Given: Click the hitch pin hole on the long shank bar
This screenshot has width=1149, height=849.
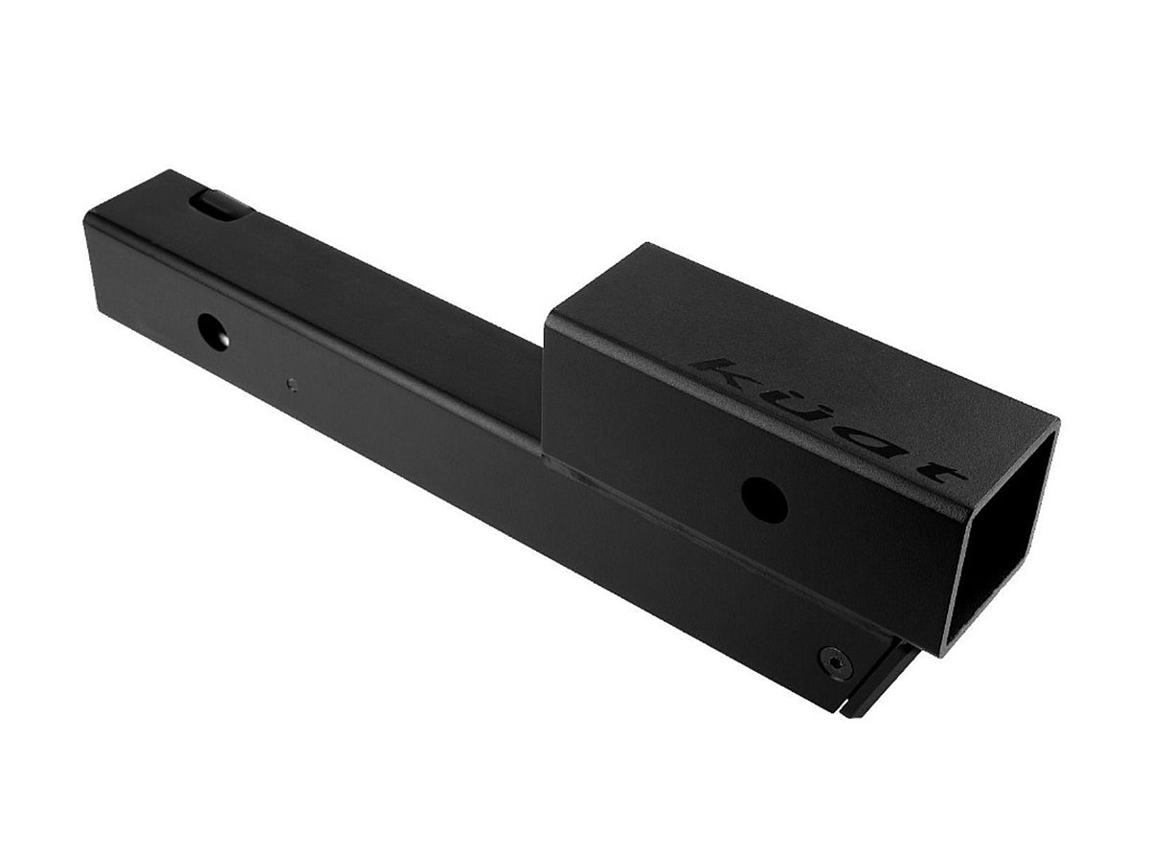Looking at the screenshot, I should [x=214, y=331].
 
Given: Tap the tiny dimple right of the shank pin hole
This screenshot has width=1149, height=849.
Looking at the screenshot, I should [x=292, y=385].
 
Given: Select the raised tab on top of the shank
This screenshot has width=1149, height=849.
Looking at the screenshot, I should [x=221, y=205].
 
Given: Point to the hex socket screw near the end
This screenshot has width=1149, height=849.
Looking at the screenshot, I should [x=836, y=662].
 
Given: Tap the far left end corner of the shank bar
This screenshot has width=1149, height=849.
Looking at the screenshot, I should [x=89, y=218].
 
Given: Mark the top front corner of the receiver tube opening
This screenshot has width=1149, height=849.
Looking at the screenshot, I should [x=1055, y=421].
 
